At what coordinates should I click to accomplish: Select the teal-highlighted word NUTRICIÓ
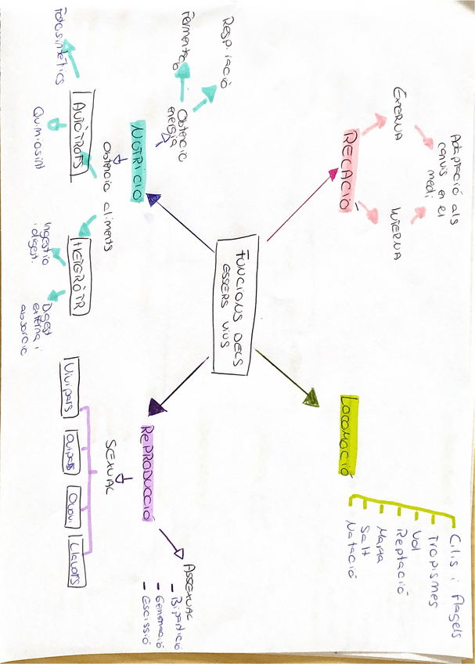139,162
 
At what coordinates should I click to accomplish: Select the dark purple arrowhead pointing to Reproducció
157,406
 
